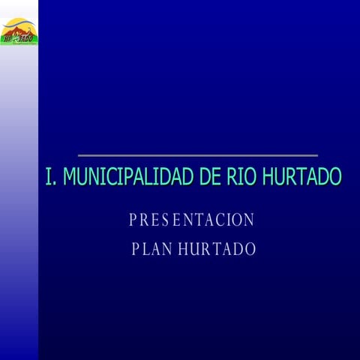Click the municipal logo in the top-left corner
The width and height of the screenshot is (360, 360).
(19, 31)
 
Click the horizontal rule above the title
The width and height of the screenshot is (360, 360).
(197, 155)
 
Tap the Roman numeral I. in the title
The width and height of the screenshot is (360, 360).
(51, 177)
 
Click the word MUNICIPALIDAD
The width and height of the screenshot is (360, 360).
(128, 177)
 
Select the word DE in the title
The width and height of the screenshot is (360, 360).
(210, 177)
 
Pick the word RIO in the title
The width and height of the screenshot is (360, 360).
(241, 177)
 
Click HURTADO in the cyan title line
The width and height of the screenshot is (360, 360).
(301, 177)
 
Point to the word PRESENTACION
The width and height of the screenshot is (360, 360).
(192, 220)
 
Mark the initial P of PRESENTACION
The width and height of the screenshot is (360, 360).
(133, 220)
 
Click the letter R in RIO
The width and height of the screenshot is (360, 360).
(231, 177)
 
